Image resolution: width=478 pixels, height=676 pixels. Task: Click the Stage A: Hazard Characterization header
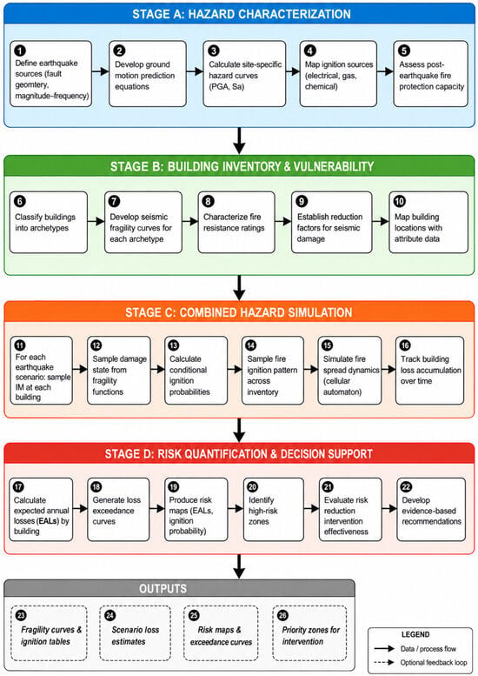click(x=239, y=14)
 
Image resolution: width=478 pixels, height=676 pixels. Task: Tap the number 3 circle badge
click(x=214, y=50)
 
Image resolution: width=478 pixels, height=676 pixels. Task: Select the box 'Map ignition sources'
click(x=338, y=74)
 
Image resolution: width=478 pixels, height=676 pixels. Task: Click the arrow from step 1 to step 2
click(x=100, y=71)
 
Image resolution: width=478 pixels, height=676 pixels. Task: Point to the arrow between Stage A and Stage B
click(x=239, y=141)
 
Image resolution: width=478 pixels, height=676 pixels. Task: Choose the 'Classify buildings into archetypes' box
click(x=49, y=222)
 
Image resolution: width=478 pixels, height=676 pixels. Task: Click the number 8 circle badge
click(x=208, y=201)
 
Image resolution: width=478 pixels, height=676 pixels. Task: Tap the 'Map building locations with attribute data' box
click(x=428, y=222)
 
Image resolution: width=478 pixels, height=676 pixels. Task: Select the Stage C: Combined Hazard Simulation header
click(x=239, y=312)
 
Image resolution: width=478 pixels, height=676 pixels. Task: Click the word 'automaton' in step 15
click(x=342, y=392)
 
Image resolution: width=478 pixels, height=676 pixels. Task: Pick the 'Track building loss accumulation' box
click(x=430, y=371)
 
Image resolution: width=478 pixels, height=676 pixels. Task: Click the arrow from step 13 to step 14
click(x=235, y=369)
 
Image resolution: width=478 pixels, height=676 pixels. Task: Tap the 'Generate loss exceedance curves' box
click(x=118, y=509)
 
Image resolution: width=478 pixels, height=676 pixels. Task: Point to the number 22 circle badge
click(x=406, y=487)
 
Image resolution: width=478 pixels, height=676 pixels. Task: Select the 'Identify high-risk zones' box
click(x=274, y=509)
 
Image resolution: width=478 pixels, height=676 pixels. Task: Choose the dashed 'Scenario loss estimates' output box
click(x=136, y=633)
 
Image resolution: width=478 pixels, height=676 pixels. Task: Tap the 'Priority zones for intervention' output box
click(x=309, y=633)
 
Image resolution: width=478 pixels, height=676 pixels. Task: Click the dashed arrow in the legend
click(x=384, y=662)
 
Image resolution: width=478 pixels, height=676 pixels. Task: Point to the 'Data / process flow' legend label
click(x=428, y=648)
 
